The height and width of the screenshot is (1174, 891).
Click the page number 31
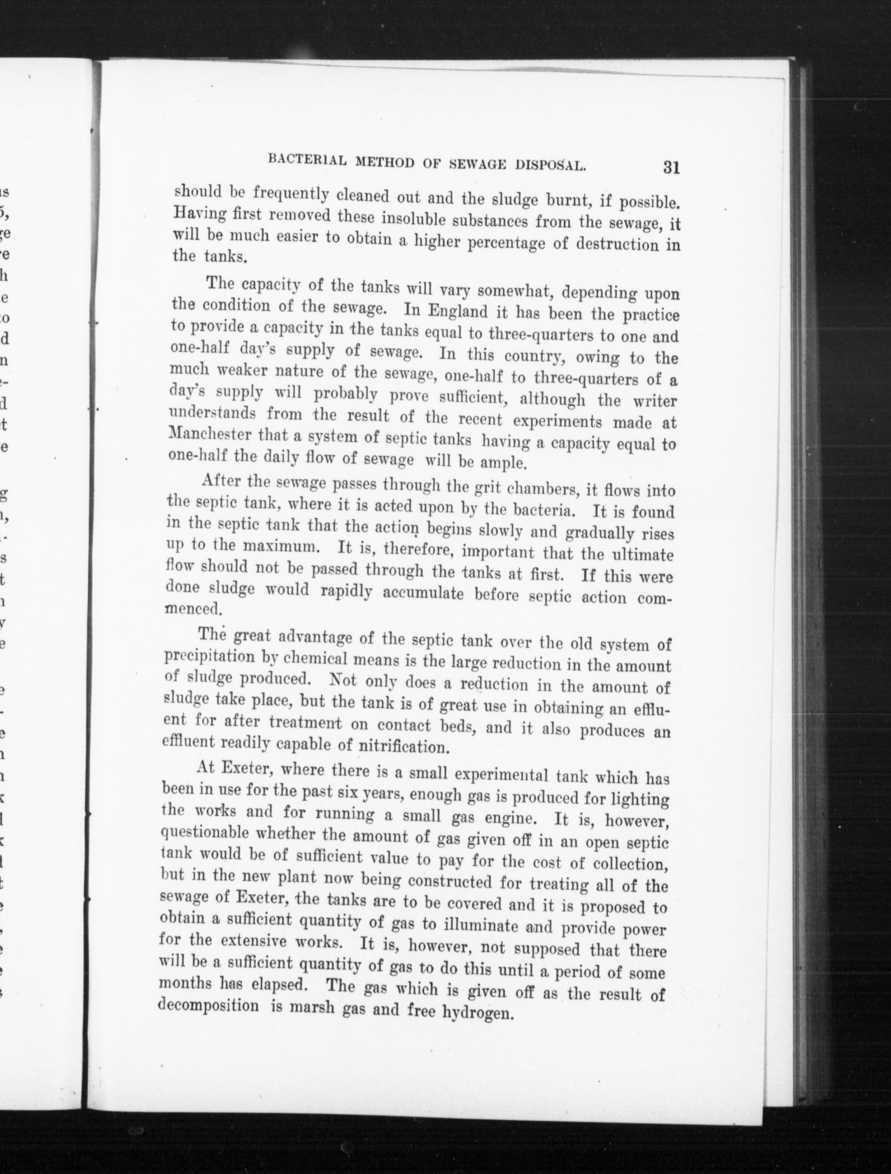click(x=671, y=168)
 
